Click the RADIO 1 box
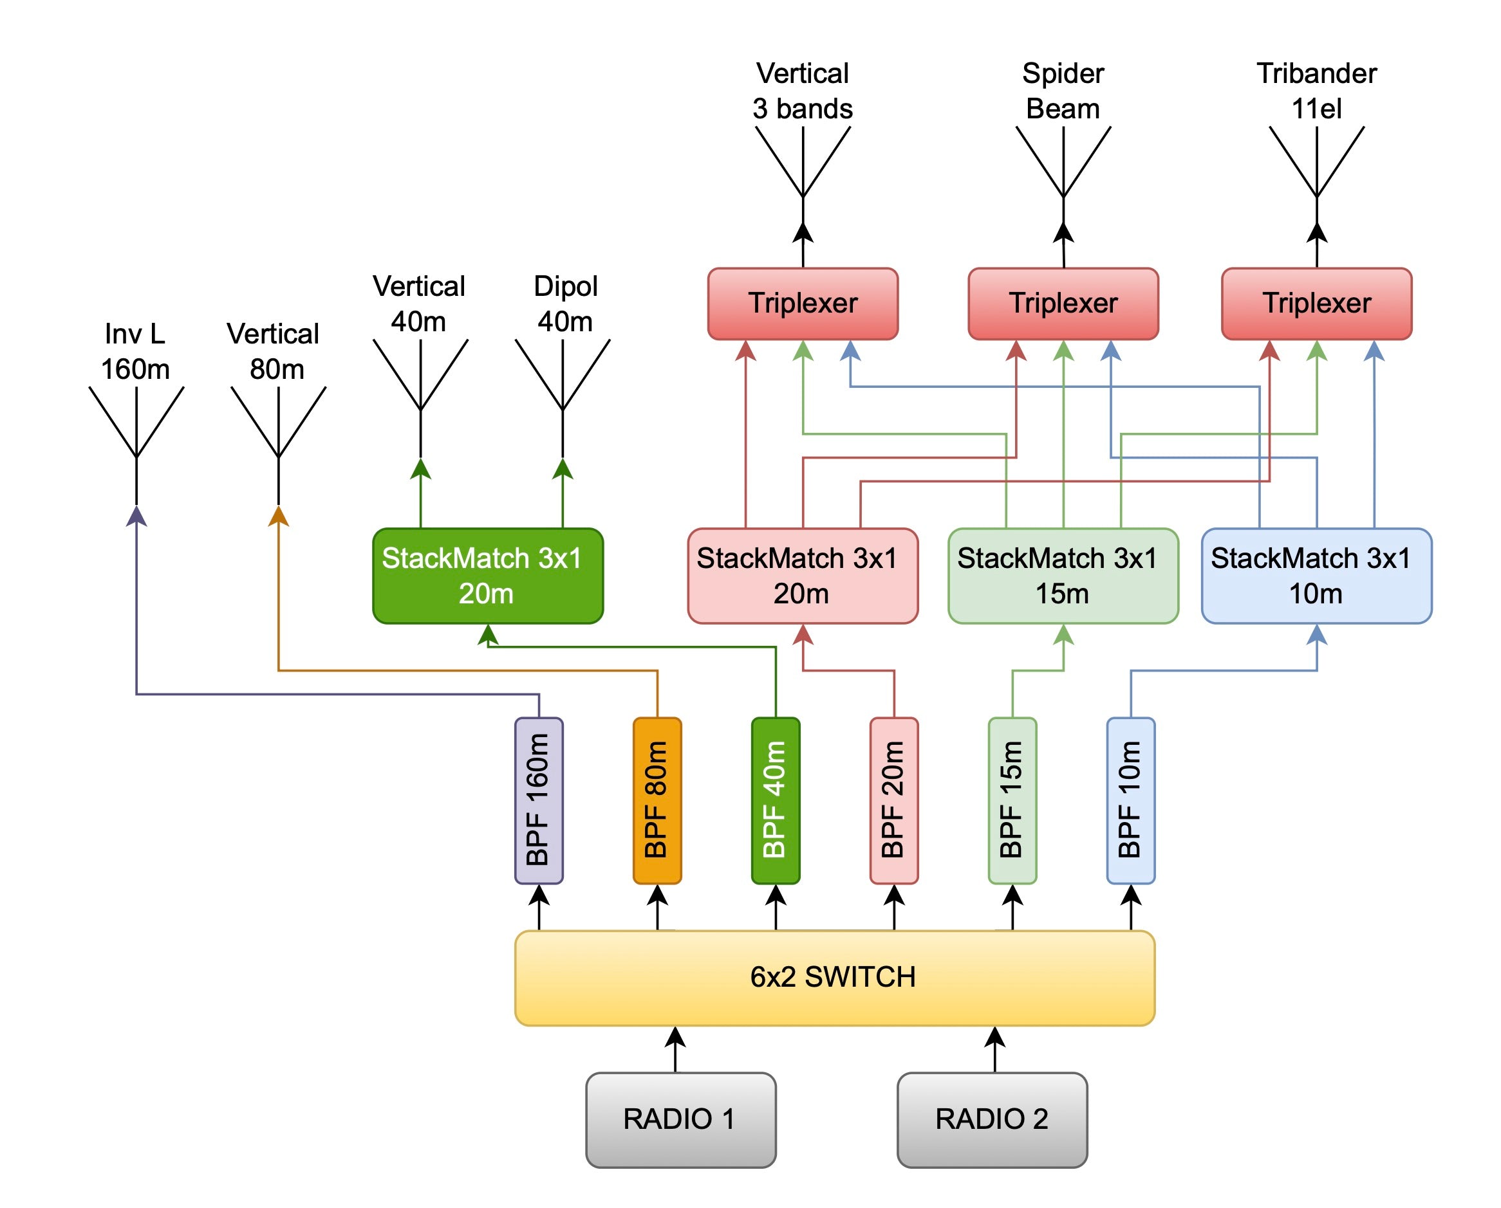680,1120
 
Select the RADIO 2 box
991,1120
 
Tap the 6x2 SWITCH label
833,977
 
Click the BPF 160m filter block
538,800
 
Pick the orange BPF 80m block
657,800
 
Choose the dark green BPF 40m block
775,800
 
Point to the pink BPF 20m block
893,800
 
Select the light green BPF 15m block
1012,800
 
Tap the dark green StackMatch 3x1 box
487,576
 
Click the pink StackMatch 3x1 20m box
802,576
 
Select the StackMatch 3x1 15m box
1063,576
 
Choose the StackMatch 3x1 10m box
1316,576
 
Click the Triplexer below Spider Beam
1063,304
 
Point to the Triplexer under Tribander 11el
1316,304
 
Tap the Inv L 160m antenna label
135,351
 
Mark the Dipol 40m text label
564,304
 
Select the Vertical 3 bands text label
802,91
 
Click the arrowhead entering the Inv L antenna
136,516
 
